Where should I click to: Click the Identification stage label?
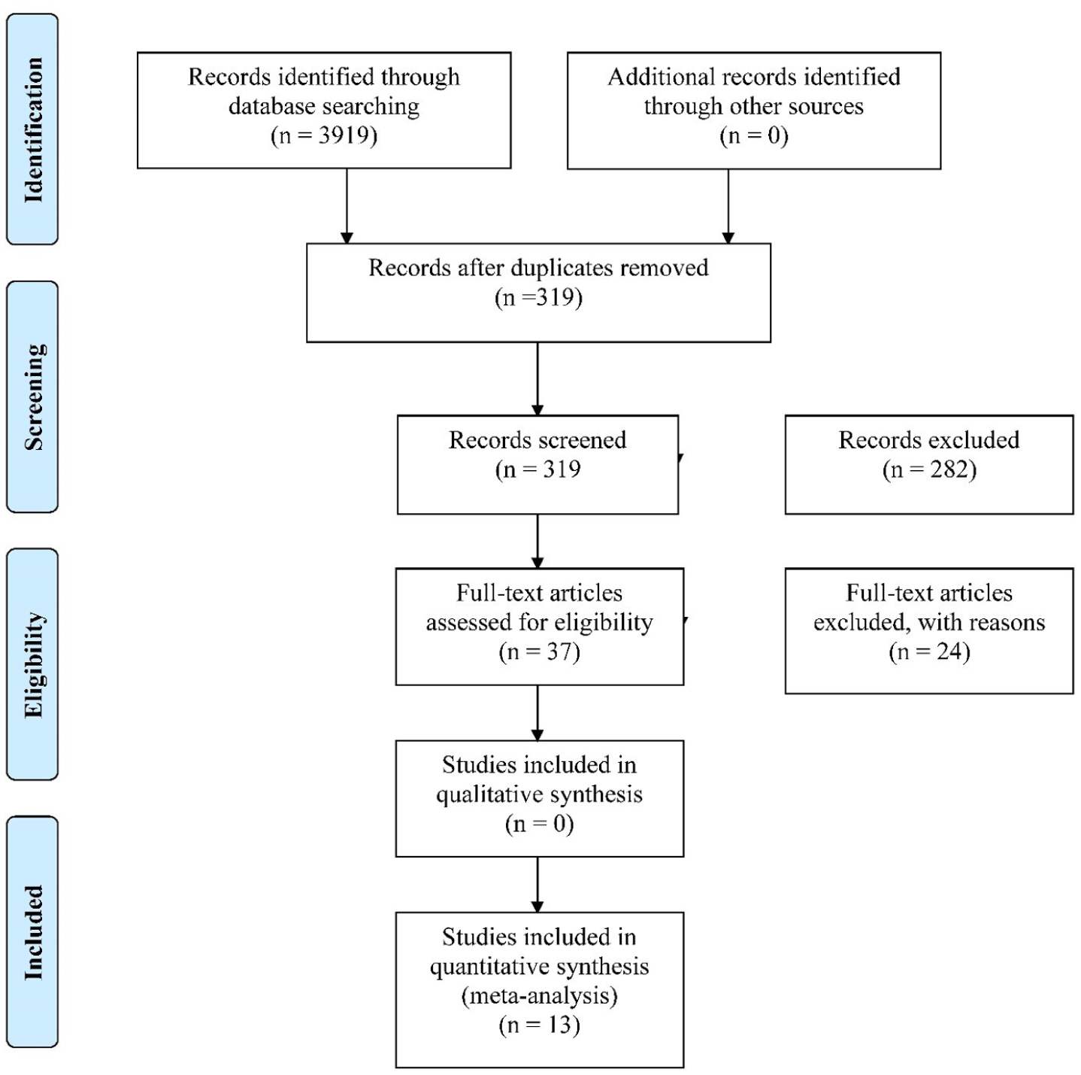pyautogui.click(x=33, y=129)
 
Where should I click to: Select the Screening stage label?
pyautogui.click(x=33, y=397)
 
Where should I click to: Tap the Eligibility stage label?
pyautogui.click(x=33, y=664)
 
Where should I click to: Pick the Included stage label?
pyautogui.click(x=33, y=932)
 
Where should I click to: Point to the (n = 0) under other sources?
pyautogui.click(x=754, y=136)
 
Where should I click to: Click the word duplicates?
pyautogui.click(x=561, y=269)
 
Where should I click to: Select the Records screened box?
pyautogui.click(x=538, y=464)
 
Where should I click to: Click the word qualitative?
pyautogui.click(x=487, y=794)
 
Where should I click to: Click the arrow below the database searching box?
pyautogui.click(x=347, y=206)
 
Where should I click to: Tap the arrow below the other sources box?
pyautogui.click(x=728, y=206)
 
